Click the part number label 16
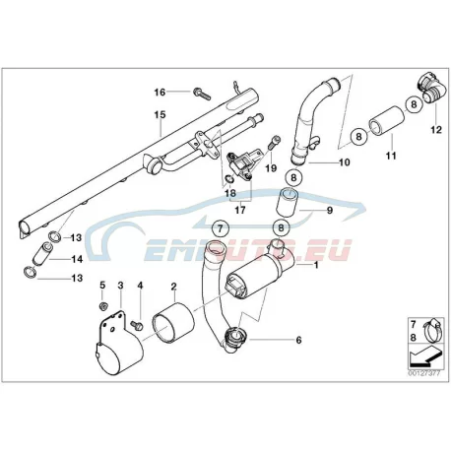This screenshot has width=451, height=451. tap(160, 93)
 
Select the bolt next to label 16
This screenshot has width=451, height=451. tap(202, 94)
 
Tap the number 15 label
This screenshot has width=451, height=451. tap(161, 115)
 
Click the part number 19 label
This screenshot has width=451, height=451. tap(271, 168)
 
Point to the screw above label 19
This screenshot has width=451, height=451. tap(274, 143)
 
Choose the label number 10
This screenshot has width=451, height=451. tap(345, 162)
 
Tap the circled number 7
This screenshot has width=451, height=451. tap(221, 228)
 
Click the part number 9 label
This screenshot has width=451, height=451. tap(330, 210)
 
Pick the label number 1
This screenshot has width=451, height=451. tap(316, 265)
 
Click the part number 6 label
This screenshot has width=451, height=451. tap(298, 340)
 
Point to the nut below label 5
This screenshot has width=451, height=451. tap(102, 306)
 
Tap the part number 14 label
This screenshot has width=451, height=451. tap(77, 259)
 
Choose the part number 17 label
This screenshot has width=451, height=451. tap(240, 210)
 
